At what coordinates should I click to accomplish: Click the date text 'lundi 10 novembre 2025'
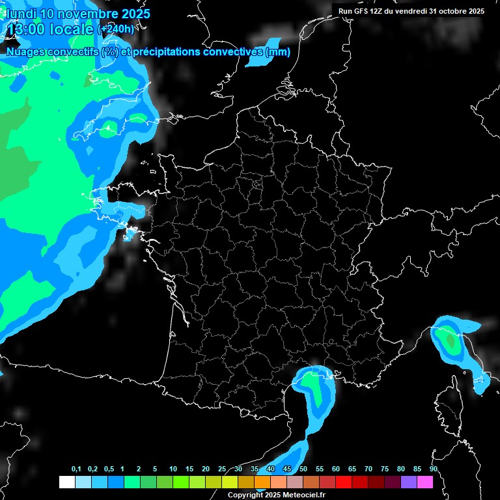pos(78,13)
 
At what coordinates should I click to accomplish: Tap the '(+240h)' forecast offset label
pos(116,29)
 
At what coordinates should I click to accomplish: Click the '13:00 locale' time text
pos(49,29)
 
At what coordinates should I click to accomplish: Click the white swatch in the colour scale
pos(66,482)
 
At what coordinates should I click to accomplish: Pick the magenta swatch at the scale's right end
pos(425,482)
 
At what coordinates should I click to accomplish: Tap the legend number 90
pos(433,469)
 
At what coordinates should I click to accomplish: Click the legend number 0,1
pos(76,469)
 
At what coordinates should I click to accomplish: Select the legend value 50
pos(303,469)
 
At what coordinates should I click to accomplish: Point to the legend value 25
pos(222,469)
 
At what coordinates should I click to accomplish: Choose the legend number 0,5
pos(109,469)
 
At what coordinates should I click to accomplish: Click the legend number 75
pos(385,469)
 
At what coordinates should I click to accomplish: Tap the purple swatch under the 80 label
pos(409,482)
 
